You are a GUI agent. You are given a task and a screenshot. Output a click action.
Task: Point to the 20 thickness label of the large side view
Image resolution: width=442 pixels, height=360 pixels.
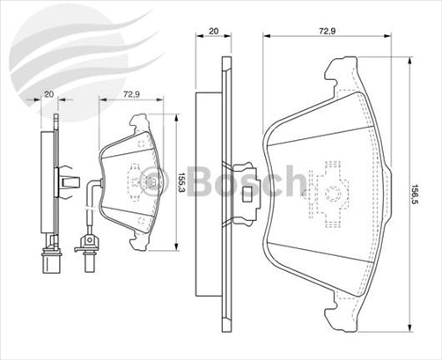point(213,30)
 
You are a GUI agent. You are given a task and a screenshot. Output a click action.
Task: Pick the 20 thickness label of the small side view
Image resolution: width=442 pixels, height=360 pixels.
point(48,92)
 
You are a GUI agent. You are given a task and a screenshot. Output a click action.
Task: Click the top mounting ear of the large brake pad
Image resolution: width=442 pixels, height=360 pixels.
point(341,71)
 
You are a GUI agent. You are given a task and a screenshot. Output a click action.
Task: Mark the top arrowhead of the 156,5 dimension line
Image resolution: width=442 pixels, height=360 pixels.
point(410,60)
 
